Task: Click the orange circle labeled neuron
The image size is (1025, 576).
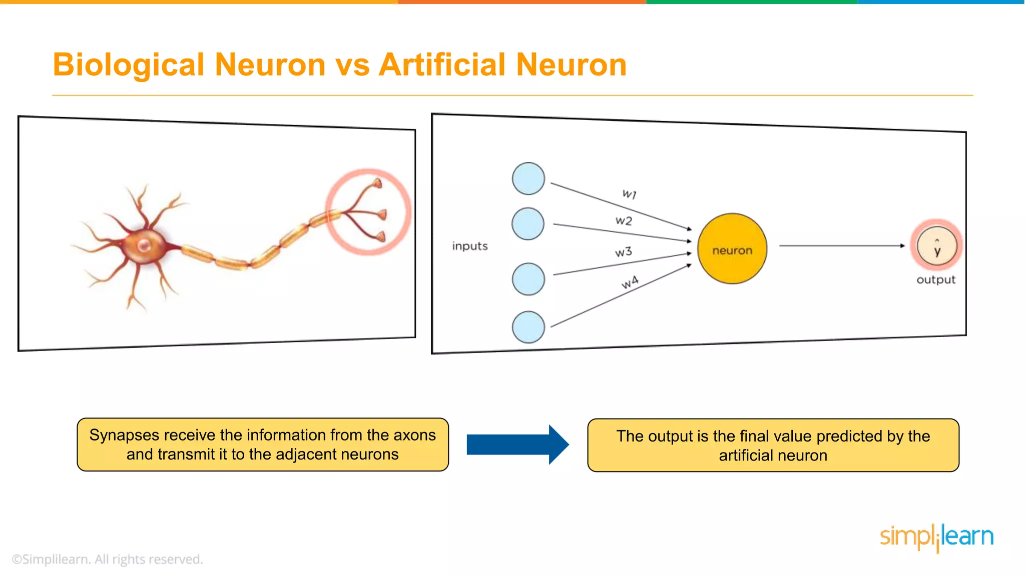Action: point(732,249)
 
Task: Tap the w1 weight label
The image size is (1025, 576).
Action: point(629,194)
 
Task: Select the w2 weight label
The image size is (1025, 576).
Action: point(624,220)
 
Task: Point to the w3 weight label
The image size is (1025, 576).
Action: point(624,252)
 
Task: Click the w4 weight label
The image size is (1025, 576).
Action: point(630,282)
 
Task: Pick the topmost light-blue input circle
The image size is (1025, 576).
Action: point(529,178)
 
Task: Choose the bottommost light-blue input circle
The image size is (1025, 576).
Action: point(529,327)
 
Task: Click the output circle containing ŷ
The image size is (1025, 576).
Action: point(937,246)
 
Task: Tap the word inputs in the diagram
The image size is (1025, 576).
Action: point(469,246)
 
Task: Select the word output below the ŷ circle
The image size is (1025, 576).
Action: point(936,280)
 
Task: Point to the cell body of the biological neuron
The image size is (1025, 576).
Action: point(145,245)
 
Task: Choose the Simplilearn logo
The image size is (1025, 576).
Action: point(936,537)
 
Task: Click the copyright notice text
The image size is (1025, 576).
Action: point(107,559)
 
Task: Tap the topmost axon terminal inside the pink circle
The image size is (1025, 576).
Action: point(377,183)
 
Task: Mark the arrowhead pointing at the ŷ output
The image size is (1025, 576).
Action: point(902,246)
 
